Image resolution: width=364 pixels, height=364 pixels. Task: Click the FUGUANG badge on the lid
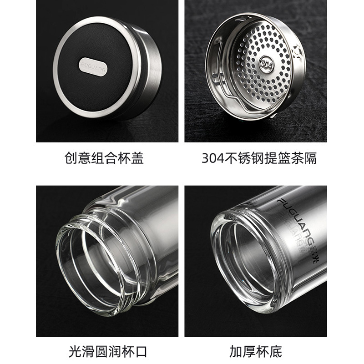click(93, 66)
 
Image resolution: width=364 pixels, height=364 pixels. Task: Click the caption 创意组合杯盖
click(104, 158)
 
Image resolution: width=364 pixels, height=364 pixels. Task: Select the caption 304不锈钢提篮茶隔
click(259, 158)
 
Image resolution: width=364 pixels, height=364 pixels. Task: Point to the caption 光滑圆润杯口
click(108, 352)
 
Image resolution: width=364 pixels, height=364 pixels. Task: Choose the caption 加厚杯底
click(256, 352)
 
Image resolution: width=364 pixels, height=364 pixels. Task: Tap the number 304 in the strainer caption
click(212, 158)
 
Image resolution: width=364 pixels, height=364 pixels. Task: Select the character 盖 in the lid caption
click(137, 158)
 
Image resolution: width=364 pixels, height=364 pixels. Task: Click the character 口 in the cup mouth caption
click(141, 352)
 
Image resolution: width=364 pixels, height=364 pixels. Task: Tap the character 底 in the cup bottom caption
click(276, 352)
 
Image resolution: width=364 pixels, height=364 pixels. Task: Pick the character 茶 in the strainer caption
click(297, 158)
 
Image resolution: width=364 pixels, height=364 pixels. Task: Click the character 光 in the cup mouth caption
click(75, 352)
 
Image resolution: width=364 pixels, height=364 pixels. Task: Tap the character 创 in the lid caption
click(71, 158)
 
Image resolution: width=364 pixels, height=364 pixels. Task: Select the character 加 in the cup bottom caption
click(236, 352)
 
